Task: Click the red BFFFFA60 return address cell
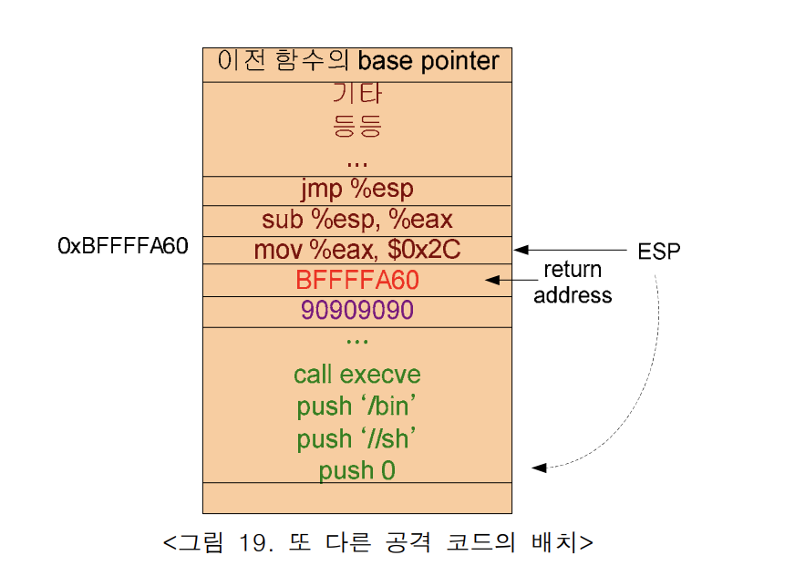pyautogui.click(x=357, y=281)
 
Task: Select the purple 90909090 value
pyautogui.click(x=357, y=311)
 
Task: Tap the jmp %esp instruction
pyautogui.click(x=357, y=190)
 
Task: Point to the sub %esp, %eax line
pyautogui.click(x=357, y=220)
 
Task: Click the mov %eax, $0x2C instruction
pyautogui.click(x=357, y=250)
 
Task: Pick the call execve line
pyautogui.click(x=357, y=375)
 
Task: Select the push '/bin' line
pyautogui.click(x=357, y=406)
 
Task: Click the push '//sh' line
pyautogui.click(x=357, y=438)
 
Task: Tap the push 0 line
pyautogui.click(x=357, y=470)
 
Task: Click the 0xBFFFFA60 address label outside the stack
pyautogui.click(x=123, y=247)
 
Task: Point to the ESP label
pyautogui.click(x=658, y=252)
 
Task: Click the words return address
pyautogui.click(x=573, y=283)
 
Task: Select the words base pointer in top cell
pyautogui.click(x=428, y=61)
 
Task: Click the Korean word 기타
pyautogui.click(x=357, y=93)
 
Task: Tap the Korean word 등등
pyautogui.click(x=357, y=125)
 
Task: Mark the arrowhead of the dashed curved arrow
pyautogui.click(x=539, y=468)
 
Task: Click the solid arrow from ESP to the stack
pyautogui.click(x=565, y=250)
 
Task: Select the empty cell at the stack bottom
pyautogui.click(x=357, y=498)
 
